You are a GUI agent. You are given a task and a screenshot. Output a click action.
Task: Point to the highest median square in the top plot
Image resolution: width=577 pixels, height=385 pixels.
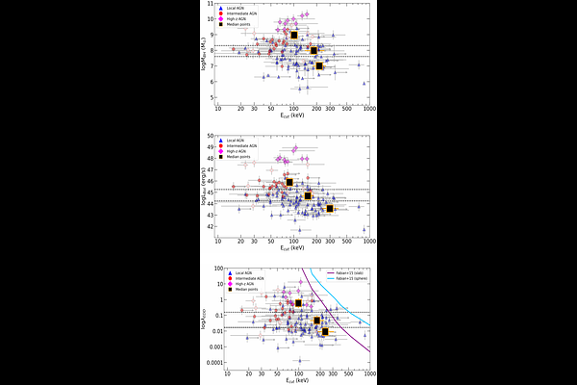(x=293, y=36)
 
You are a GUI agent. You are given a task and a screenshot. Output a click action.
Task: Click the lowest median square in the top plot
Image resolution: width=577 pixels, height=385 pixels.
(x=319, y=65)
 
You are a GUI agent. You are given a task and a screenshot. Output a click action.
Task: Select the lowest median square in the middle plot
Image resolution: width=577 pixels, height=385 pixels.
(x=330, y=208)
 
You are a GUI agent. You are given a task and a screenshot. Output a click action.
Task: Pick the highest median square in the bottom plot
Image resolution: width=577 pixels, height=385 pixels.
(x=299, y=302)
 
